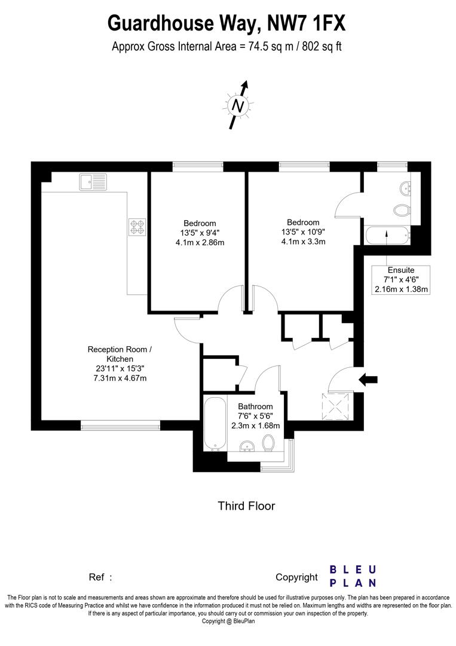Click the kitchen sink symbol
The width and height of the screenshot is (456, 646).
[91, 182]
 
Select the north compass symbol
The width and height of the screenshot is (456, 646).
[239, 106]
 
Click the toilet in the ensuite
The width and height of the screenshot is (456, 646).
[402, 210]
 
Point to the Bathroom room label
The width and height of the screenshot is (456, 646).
[255, 407]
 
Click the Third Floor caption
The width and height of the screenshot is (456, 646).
[246, 506]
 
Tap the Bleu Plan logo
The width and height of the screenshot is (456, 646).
[353, 575]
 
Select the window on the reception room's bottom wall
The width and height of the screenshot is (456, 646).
[121, 425]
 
